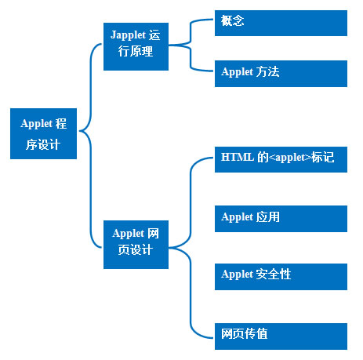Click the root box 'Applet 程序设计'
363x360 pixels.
(x=43, y=133)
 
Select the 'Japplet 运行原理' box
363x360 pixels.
(x=136, y=46)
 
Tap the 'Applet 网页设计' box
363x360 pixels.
(x=136, y=245)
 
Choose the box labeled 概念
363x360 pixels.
(x=281, y=23)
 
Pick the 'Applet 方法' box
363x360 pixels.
(x=281, y=74)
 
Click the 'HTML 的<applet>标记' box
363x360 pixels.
(x=281, y=159)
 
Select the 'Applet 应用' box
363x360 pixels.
(x=281, y=219)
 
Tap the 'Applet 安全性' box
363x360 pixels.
(x=281, y=277)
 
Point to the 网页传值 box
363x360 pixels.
(x=281, y=336)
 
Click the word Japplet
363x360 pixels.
(x=128, y=35)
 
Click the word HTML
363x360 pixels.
(x=238, y=157)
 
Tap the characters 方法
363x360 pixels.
(x=267, y=71)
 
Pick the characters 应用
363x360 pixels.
(x=267, y=216)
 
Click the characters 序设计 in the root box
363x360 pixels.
(x=43, y=144)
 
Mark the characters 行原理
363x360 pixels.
(x=136, y=51)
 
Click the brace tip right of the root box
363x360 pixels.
(x=79, y=130)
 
